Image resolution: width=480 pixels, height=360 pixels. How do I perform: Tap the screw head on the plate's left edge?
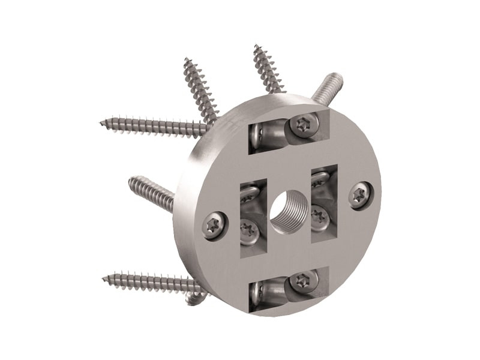[214, 226]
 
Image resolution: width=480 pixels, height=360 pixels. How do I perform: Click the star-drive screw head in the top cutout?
[301, 125]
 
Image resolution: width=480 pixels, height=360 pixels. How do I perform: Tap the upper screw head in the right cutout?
[320, 178]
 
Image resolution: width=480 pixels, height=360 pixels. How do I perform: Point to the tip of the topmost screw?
[256, 47]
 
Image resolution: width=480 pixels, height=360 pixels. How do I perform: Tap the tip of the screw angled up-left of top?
[187, 61]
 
